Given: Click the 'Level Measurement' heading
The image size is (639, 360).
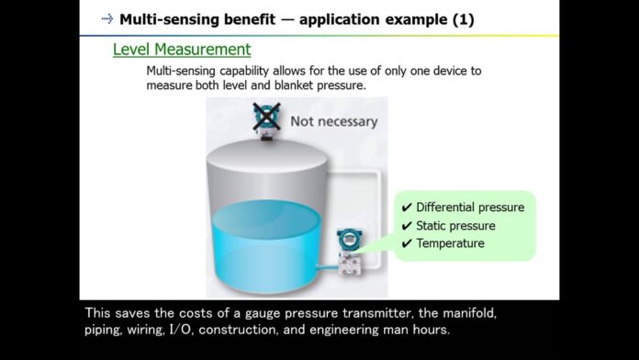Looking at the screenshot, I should coord(182,49).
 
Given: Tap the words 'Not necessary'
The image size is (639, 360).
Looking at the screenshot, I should coord(333,121).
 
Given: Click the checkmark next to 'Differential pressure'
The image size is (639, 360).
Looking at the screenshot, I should coord(407,208).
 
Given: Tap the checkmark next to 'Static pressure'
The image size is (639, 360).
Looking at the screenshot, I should coord(407,226).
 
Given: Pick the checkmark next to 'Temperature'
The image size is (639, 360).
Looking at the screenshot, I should coord(407,243).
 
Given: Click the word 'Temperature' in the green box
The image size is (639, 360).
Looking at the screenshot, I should coord(450,243).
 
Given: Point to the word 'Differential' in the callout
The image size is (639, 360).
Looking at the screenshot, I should coord(444,208).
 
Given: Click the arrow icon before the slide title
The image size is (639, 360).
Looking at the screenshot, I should coord(107,18).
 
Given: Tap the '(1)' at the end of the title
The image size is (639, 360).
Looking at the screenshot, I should coord(460,18).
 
